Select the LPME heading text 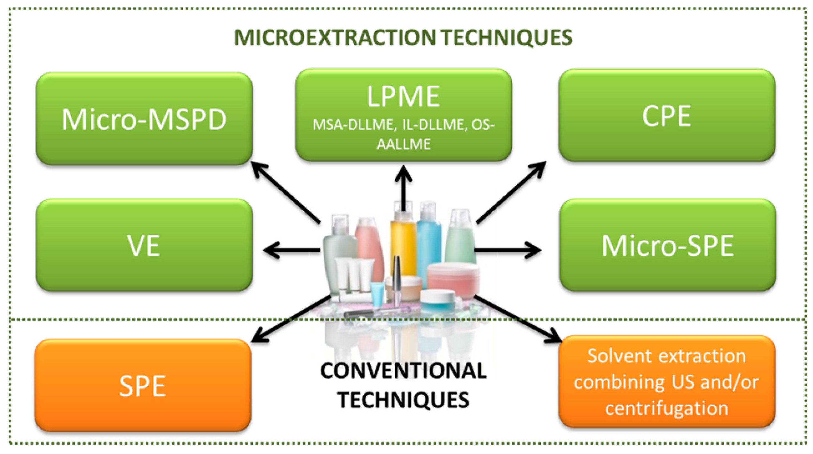(403, 96)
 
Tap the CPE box (667, 115)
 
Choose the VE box (144, 245)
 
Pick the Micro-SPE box (667, 245)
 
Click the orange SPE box (143, 385)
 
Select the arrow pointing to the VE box (290, 250)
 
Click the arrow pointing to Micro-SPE (508, 250)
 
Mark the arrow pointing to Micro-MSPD (286, 192)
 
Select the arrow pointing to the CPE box (511, 192)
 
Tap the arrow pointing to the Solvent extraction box (518, 319)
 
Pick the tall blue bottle (429, 240)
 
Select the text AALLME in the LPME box (403, 144)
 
